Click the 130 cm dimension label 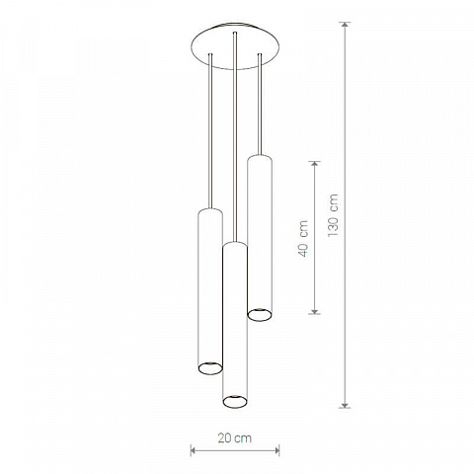(333, 215)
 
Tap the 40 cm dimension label (303, 239)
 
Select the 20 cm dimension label (235, 438)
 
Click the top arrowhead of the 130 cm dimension (345, 25)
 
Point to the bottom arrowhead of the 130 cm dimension (345, 405)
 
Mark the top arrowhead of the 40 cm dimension (315, 165)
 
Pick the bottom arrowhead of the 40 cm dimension (315, 310)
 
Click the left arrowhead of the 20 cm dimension (194, 450)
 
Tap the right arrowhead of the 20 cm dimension (276, 450)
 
